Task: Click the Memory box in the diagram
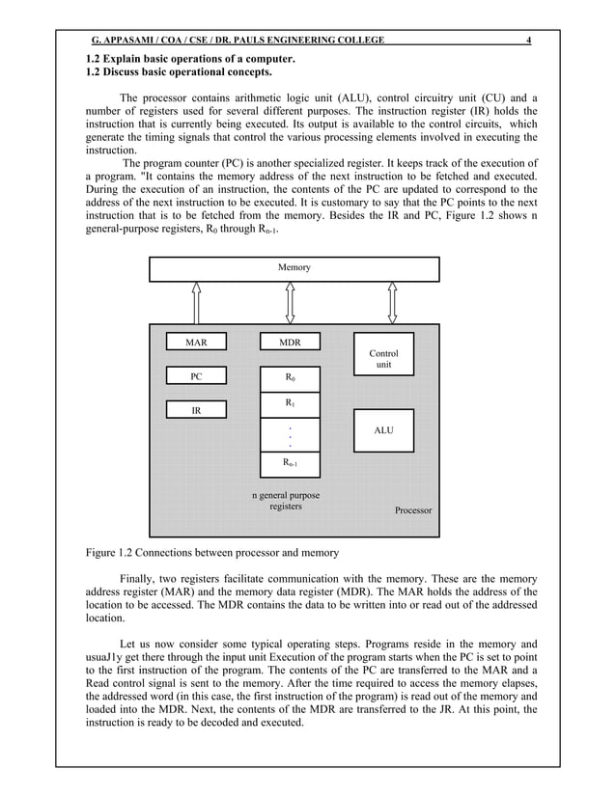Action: click(x=294, y=268)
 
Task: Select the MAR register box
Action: click(x=196, y=342)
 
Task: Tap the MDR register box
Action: click(x=290, y=342)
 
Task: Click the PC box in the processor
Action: click(x=196, y=376)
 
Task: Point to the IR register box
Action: click(x=196, y=410)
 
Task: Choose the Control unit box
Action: click(x=383, y=359)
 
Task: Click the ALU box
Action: click(x=383, y=430)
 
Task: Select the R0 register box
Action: click(x=290, y=377)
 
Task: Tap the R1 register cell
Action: click(x=290, y=402)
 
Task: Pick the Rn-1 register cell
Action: click(x=290, y=464)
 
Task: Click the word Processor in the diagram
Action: click(x=413, y=509)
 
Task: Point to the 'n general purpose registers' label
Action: click(x=286, y=501)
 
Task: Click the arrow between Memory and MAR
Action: click(x=196, y=303)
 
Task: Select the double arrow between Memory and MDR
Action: click(x=290, y=303)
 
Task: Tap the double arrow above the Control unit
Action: click(x=392, y=303)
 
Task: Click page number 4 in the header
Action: click(x=528, y=41)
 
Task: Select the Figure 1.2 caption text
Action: click(x=210, y=553)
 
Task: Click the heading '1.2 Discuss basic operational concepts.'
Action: click(x=179, y=72)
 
